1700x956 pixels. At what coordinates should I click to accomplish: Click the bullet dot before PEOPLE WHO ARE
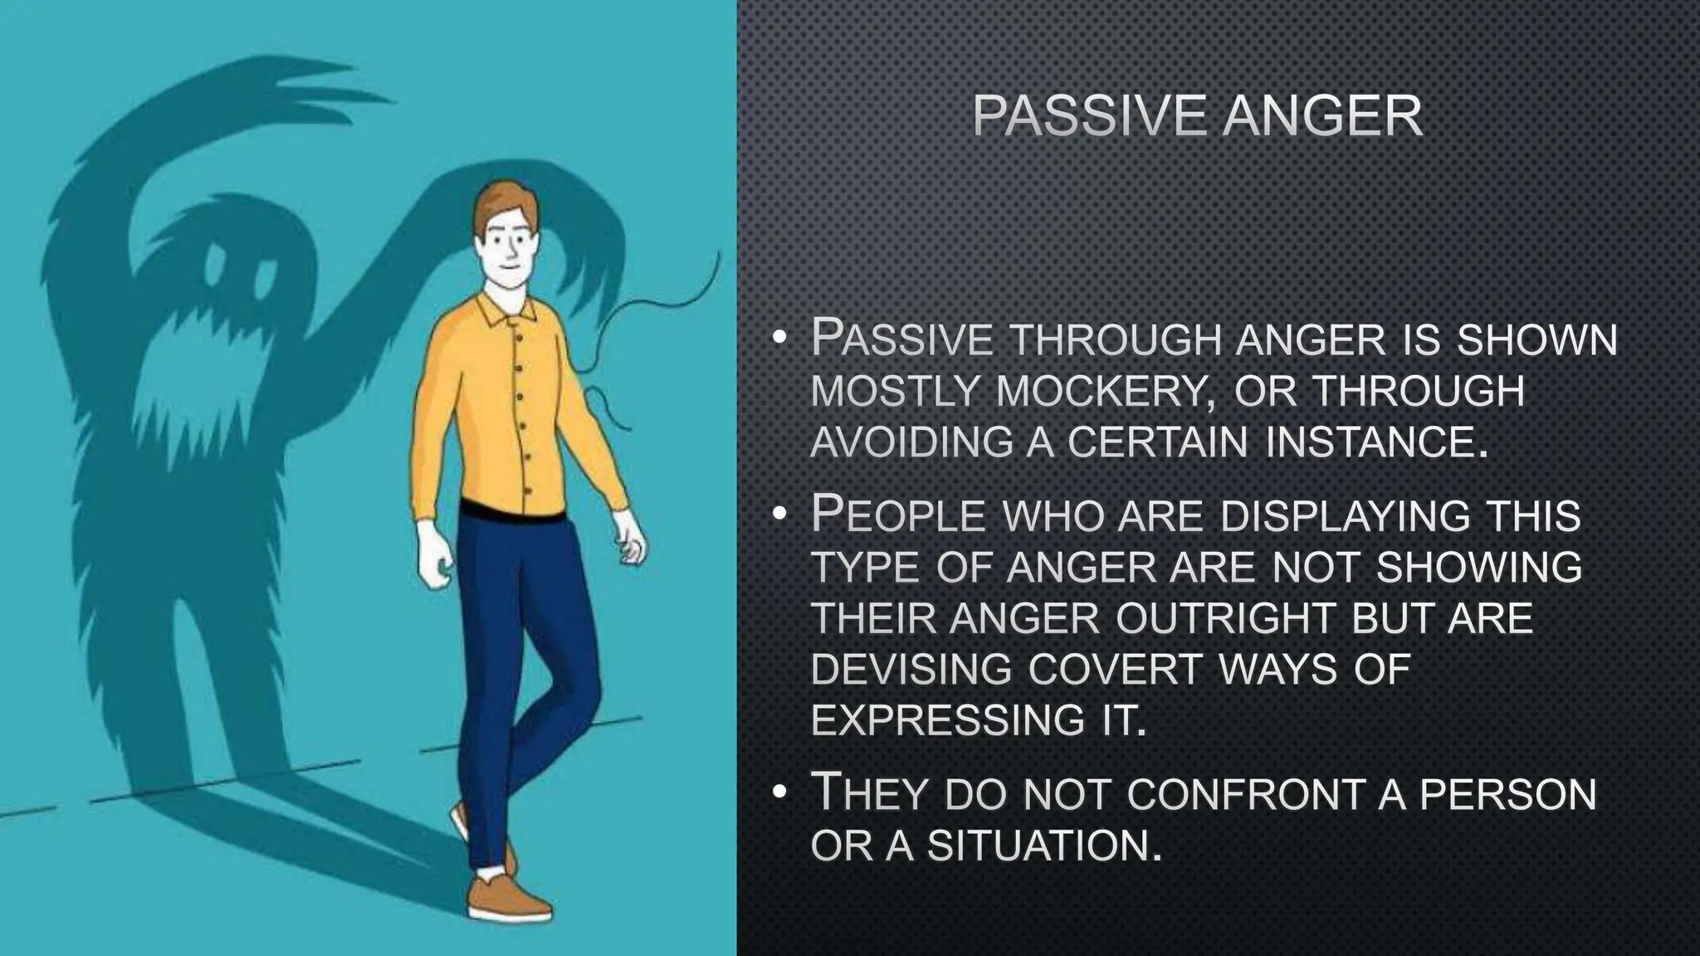(x=778, y=515)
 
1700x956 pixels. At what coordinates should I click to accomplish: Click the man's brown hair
(x=501, y=203)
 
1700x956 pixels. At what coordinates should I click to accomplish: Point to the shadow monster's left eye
(x=214, y=266)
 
